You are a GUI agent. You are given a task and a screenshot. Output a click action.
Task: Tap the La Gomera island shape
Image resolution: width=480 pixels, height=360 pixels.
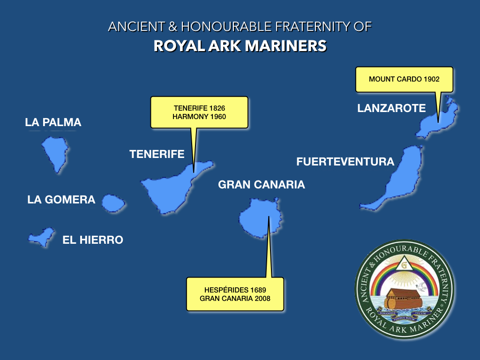113,203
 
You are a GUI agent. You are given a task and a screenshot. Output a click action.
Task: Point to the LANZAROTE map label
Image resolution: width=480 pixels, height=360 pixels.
391,108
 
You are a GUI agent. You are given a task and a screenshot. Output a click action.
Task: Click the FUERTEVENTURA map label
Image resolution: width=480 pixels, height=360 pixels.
345,162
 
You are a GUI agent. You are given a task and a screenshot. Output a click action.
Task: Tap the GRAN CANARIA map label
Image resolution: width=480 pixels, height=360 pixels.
262,185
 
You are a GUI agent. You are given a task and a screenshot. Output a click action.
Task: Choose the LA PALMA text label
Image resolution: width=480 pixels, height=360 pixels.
53,123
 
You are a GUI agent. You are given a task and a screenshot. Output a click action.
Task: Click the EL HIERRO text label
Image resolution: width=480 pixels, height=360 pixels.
93,240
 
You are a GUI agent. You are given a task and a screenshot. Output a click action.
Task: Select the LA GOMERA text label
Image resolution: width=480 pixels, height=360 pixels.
61,200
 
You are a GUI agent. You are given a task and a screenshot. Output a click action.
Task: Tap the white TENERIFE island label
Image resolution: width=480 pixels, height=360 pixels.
157,154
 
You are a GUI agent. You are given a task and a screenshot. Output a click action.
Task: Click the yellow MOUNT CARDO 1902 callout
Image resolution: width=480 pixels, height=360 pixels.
404,79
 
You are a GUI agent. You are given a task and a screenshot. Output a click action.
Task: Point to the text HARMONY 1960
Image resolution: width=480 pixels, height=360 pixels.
199,116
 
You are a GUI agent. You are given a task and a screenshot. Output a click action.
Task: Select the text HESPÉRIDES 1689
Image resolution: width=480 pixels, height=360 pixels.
235,290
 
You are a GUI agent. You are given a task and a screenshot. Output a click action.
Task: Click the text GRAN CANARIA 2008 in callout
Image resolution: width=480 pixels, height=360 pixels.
235,298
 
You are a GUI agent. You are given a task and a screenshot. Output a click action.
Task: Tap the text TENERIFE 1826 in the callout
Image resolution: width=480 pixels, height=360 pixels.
199,108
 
